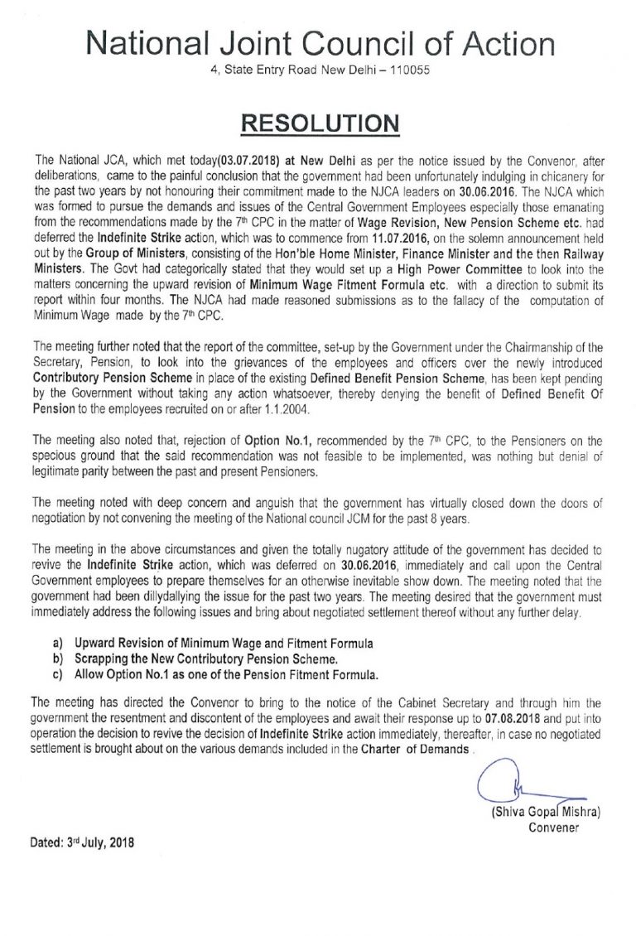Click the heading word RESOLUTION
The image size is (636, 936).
[x=318, y=123]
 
